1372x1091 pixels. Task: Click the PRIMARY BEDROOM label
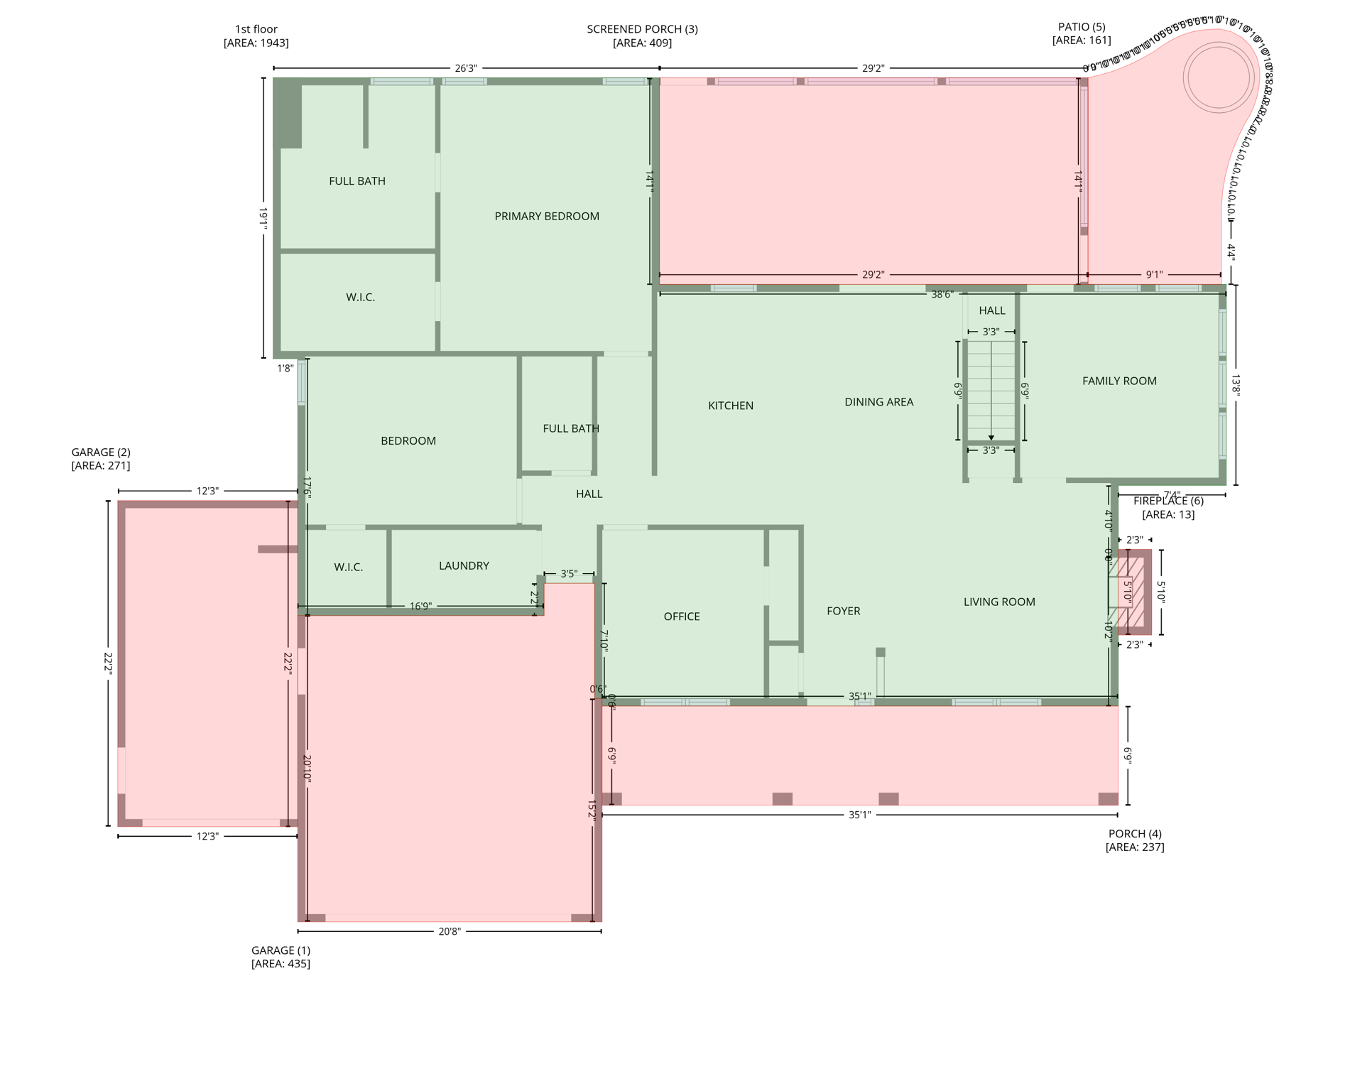pos(547,217)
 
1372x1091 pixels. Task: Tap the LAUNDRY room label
pos(464,566)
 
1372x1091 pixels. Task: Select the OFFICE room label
pos(682,617)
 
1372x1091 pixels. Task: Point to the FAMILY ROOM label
pos(1119,381)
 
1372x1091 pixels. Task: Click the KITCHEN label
pos(731,406)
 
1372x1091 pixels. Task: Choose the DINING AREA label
pos(878,402)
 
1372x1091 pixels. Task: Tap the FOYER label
pos(843,611)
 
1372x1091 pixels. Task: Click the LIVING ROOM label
pos(999,602)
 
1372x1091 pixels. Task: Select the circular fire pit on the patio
pos(1218,77)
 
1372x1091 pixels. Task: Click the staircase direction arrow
pos(991,438)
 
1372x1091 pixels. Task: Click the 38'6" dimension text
pos(941,294)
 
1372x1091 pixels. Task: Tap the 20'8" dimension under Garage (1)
pos(450,931)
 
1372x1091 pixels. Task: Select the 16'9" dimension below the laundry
pos(420,607)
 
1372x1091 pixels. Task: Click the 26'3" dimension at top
pos(466,68)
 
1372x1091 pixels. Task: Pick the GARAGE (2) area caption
pos(101,459)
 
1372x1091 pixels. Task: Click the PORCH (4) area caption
pos(1135,840)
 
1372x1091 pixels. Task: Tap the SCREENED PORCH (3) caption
pos(642,36)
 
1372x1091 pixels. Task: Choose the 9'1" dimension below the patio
pos(1154,275)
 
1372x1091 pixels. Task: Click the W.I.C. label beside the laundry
pos(349,568)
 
